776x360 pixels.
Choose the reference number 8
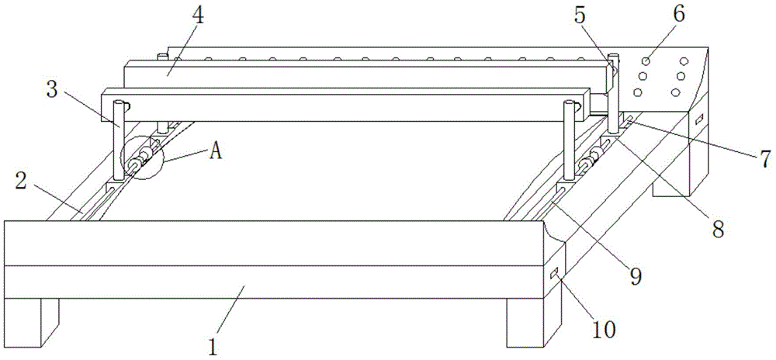pyautogui.click(x=718, y=227)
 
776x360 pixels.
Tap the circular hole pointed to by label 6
pyautogui.click(x=645, y=59)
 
